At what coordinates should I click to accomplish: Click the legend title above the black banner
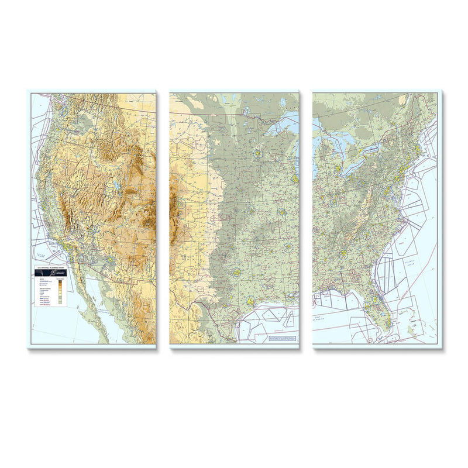click(49, 267)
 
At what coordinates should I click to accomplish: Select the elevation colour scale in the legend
click(61, 292)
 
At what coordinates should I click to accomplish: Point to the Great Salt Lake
click(117, 186)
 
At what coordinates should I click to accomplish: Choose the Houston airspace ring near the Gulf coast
click(250, 301)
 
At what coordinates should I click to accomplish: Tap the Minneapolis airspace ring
click(258, 154)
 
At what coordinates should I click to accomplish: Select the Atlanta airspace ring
click(343, 254)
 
